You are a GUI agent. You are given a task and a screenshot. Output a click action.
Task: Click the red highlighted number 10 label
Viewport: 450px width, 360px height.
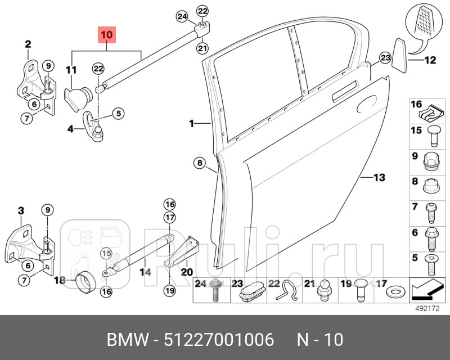click(x=107, y=35)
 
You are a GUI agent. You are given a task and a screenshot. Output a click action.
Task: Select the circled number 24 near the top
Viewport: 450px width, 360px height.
click(x=182, y=16)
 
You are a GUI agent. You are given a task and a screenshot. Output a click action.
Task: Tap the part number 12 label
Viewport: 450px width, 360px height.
click(x=430, y=60)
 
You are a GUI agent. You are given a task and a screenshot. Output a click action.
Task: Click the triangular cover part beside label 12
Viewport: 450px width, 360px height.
click(x=399, y=55)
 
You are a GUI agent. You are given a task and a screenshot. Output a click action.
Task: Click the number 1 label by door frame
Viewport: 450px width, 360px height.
click(x=191, y=123)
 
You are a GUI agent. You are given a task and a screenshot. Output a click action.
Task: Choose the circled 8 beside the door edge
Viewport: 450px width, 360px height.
click(x=199, y=164)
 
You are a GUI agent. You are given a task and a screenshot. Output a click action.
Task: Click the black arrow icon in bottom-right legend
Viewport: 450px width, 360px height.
click(x=428, y=290)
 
